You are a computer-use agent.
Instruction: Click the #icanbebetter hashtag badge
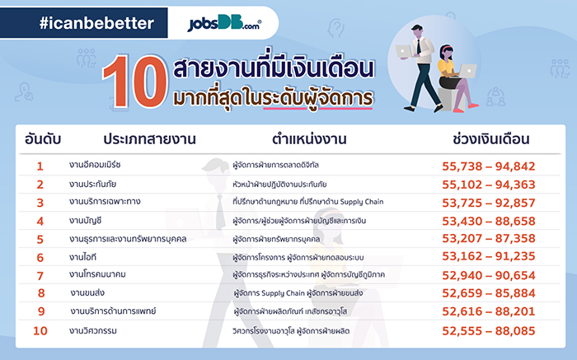[x=97, y=24]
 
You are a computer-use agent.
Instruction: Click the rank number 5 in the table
[x=40, y=239]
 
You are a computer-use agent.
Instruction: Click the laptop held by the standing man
[x=406, y=51]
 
